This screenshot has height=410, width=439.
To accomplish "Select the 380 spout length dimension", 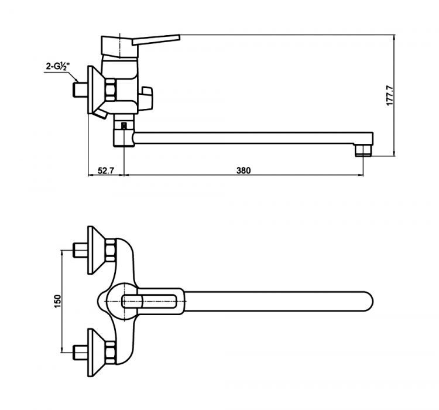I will tap(243, 170).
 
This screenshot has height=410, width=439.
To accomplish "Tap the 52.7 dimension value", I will tap(105, 170).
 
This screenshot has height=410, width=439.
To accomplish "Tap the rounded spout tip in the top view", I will tap(366, 302).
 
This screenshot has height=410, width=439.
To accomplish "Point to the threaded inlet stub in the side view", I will tap(77, 90).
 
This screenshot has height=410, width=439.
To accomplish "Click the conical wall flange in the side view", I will tap(94, 91).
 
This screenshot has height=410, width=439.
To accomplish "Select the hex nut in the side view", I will tap(111, 91).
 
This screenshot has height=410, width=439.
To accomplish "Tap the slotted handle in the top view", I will tap(153, 302).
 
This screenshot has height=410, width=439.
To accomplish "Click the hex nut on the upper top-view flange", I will tap(109, 252).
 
